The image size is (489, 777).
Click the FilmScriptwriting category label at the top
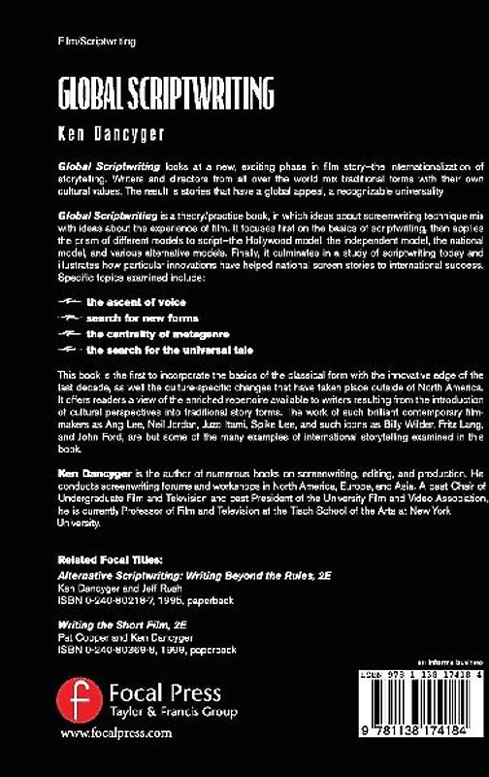pyautogui.click(x=96, y=45)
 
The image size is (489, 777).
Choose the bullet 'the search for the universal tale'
pyautogui.click(x=159, y=349)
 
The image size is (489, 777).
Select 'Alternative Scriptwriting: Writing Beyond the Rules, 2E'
pyautogui.click(x=176, y=575)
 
